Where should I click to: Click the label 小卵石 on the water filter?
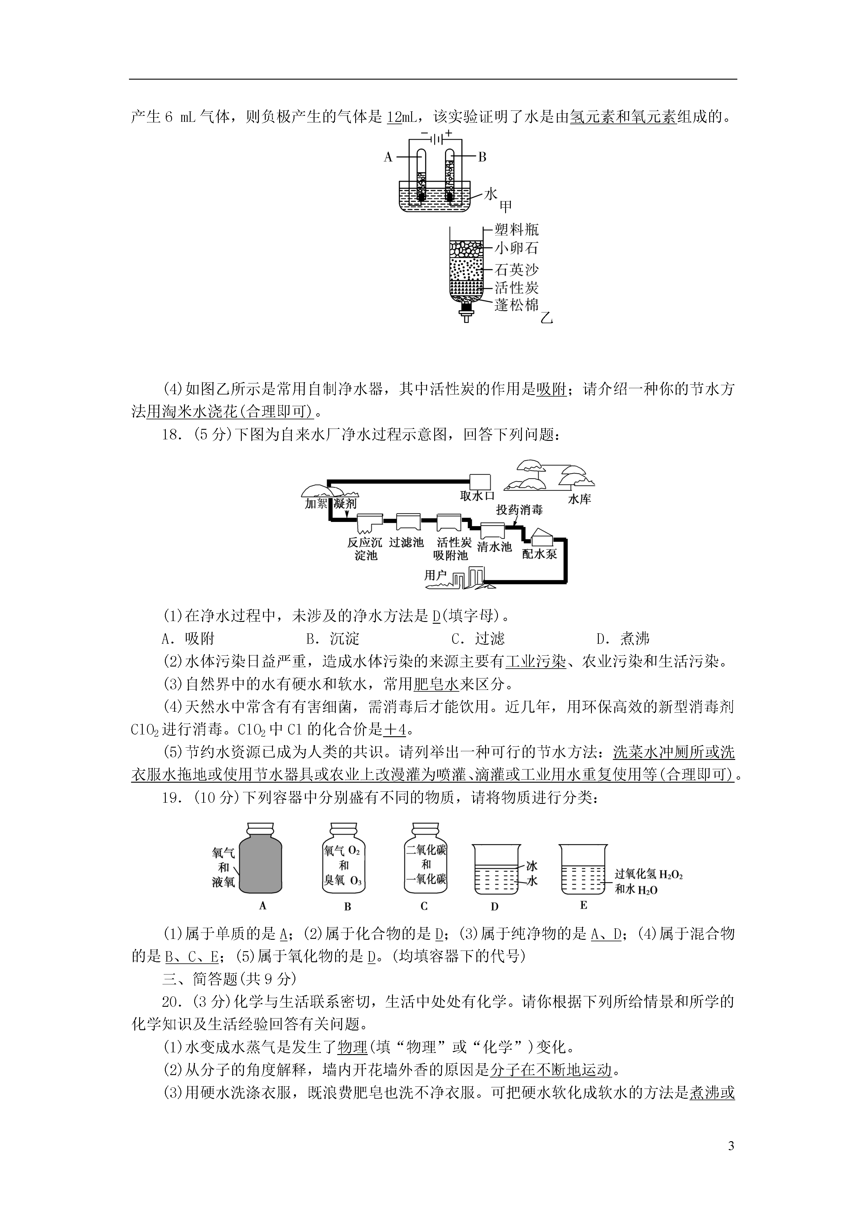[516, 248]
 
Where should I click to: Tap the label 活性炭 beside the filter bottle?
[516, 288]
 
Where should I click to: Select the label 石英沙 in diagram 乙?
[516, 269]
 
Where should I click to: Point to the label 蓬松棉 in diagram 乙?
[516, 305]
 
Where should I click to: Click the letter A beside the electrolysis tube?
[388, 157]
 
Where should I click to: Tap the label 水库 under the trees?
[579, 500]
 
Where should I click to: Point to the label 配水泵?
[540, 554]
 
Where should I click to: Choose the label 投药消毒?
[519, 510]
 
